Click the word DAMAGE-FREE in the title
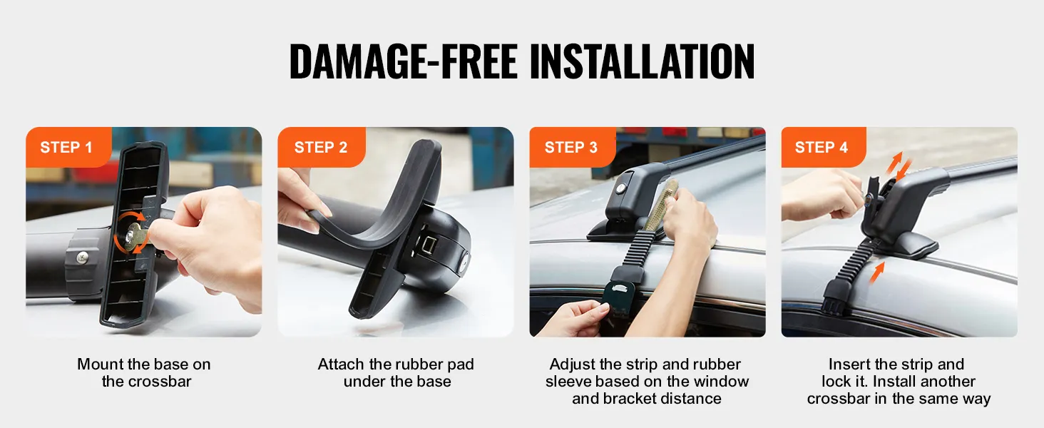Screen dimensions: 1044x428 tap(403, 61)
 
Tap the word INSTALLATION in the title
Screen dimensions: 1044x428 tap(643, 61)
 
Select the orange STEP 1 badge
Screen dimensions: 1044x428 tap(68, 147)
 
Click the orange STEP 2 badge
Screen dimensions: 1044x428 tap(321, 147)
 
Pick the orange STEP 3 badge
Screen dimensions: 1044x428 tap(572, 147)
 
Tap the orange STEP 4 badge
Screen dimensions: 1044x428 tap(823, 147)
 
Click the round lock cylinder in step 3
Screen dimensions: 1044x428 tap(621, 189)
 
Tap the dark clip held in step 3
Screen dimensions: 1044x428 tap(618, 299)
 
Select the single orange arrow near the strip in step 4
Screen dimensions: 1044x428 tap(876, 272)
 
